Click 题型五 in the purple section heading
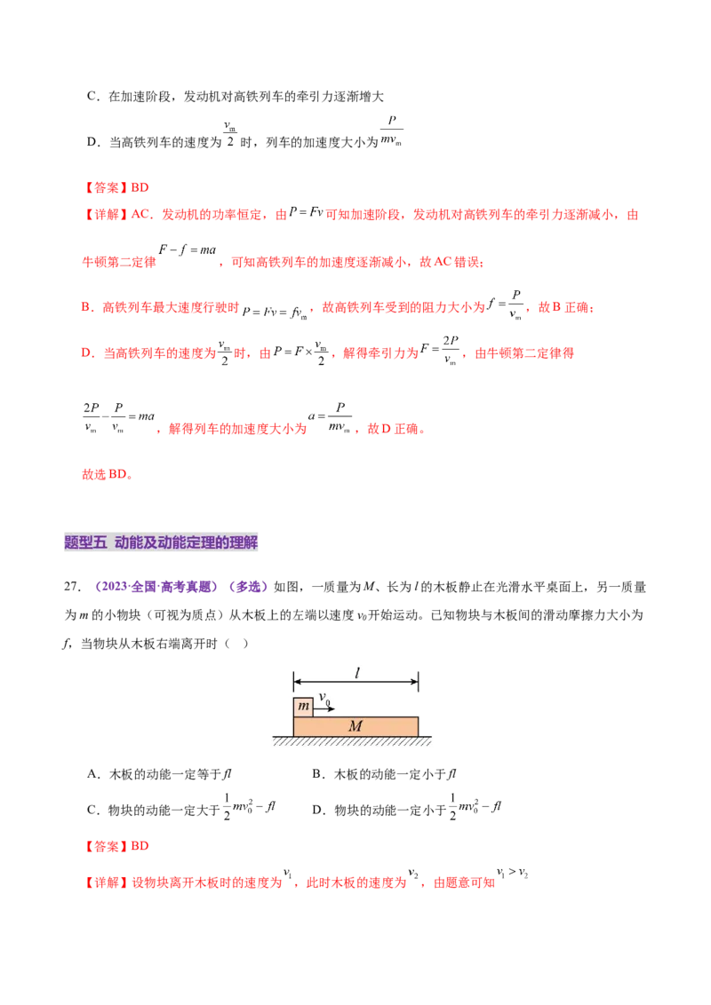(x=85, y=542)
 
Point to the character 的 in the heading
(x=217, y=542)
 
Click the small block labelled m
(x=303, y=707)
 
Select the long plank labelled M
(x=355, y=726)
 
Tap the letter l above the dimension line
(x=356, y=674)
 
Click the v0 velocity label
(x=325, y=700)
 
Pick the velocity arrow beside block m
(x=325, y=710)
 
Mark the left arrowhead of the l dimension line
(x=297, y=683)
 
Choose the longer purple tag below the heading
(x=156, y=587)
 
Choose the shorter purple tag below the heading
(x=249, y=587)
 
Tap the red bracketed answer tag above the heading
(x=107, y=187)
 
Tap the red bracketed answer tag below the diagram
(x=107, y=845)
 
